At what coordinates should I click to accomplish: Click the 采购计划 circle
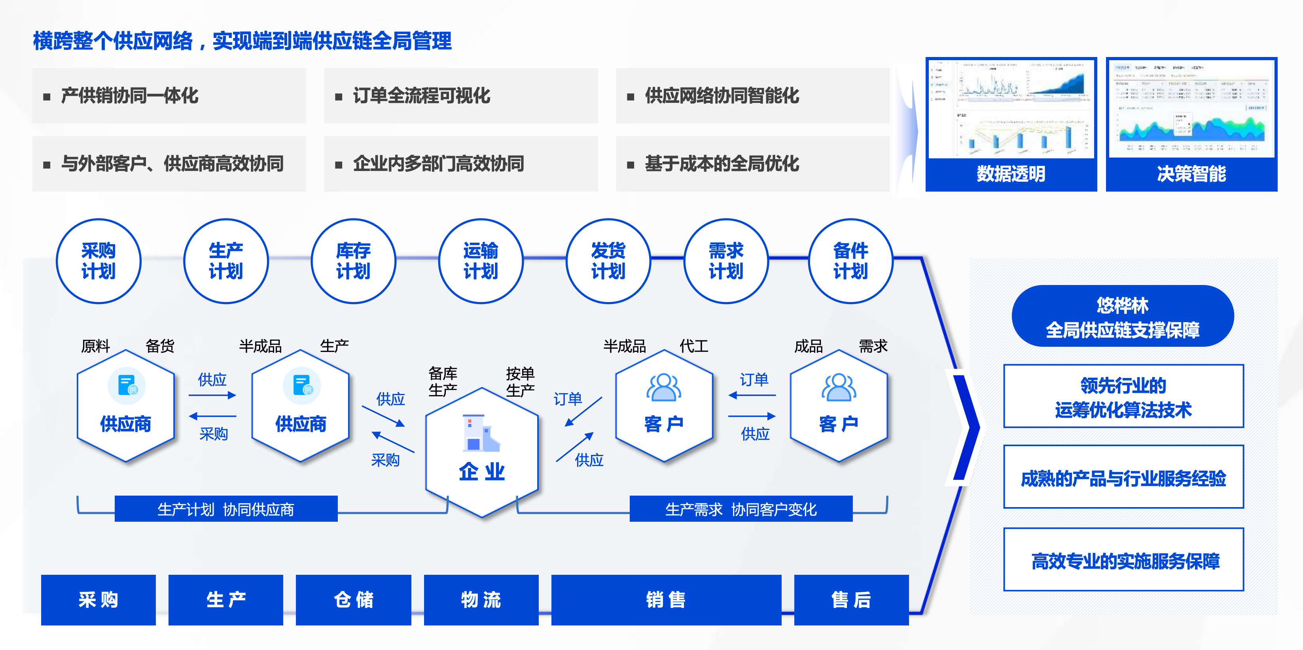(98, 261)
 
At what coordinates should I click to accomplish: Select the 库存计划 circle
(353, 261)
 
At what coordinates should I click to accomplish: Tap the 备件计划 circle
(850, 261)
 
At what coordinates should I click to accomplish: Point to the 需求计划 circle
(726, 261)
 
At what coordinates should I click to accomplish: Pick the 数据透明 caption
(1011, 174)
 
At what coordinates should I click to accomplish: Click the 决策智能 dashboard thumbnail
(1191, 109)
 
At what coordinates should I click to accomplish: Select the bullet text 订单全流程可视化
(421, 96)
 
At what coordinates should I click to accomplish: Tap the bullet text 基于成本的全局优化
(722, 163)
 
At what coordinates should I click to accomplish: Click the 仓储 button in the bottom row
(353, 600)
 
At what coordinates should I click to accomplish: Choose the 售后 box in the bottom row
(851, 600)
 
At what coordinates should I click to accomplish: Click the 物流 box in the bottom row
(481, 600)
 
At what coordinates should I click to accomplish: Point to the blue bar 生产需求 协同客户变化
(741, 509)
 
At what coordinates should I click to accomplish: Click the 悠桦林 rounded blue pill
(1122, 316)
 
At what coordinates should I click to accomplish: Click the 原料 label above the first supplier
(96, 346)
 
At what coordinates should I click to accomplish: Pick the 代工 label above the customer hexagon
(693, 346)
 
